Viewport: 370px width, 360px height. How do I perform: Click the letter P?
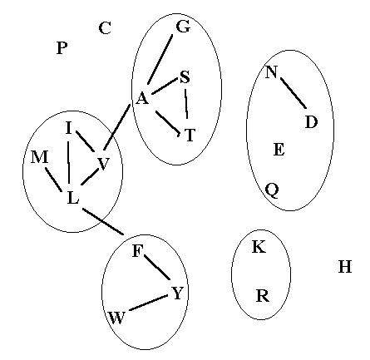click(x=62, y=48)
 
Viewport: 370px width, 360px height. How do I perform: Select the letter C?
click(x=105, y=27)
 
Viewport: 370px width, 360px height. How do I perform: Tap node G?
click(x=183, y=27)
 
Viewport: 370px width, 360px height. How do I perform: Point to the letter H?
click(x=345, y=267)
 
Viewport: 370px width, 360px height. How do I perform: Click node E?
click(x=279, y=150)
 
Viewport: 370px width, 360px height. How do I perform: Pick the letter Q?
click(x=272, y=190)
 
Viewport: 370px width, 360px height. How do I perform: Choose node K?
click(x=259, y=247)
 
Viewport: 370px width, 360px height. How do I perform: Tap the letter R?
click(x=263, y=295)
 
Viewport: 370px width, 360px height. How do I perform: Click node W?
click(x=116, y=318)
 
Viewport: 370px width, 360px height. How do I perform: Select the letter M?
click(x=40, y=157)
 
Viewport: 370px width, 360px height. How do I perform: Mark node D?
click(x=311, y=122)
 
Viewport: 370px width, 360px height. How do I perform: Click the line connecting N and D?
click(x=294, y=93)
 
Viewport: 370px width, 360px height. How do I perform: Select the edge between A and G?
click(x=160, y=59)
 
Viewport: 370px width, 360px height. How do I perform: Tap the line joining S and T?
click(x=186, y=104)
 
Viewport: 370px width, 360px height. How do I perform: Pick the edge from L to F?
click(x=103, y=221)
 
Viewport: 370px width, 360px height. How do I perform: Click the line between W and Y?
click(x=149, y=303)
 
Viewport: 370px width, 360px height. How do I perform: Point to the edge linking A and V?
click(x=116, y=127)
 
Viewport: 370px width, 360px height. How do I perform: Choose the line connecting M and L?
click(x=53, y=180)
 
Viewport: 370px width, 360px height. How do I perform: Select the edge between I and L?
click(x=68, y=161)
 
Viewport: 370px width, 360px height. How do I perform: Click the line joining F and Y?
click(x=157, y=268)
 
